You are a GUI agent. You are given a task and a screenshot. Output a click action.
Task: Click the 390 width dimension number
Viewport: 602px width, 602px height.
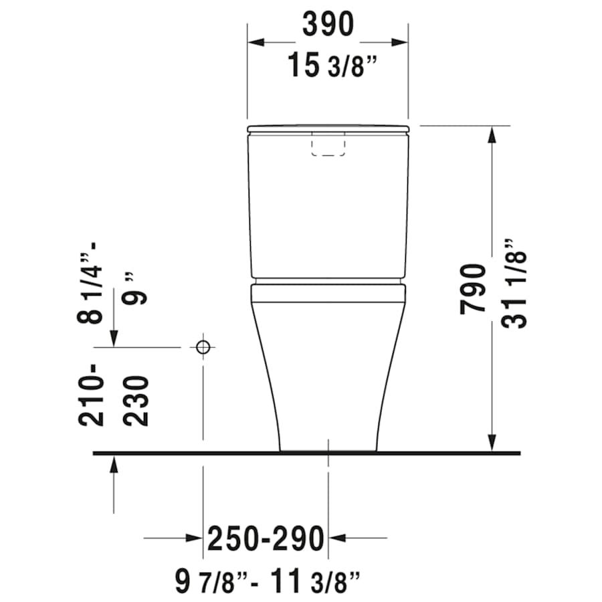pyautogui.click(x=328, y=25)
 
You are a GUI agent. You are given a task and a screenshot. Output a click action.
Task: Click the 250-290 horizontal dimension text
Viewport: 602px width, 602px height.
pyautogui.click(x=266, y=538)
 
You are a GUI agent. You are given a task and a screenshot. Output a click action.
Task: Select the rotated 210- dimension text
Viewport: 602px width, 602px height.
pyautogui.click(x=92, y=395)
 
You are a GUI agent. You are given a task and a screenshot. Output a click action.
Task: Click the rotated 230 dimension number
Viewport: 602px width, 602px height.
pyautogui.click(x=135, y=401)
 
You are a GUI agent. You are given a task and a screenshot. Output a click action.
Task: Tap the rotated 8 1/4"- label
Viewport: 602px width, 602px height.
pyautogui.click(x=92, y=284)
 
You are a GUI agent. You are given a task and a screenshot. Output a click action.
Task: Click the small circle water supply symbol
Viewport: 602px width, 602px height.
pyautogui.click(x=203, y=347)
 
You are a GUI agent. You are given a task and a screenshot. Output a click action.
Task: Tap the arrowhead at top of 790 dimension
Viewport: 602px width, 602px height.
pyautogui.click(x=493, y=134)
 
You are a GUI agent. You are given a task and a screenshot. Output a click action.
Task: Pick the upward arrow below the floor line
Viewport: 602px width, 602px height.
pyautogui.click(x=115, y=466)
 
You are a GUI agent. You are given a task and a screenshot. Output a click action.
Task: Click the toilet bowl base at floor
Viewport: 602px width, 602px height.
pyautogui.click(x=328, y=447)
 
